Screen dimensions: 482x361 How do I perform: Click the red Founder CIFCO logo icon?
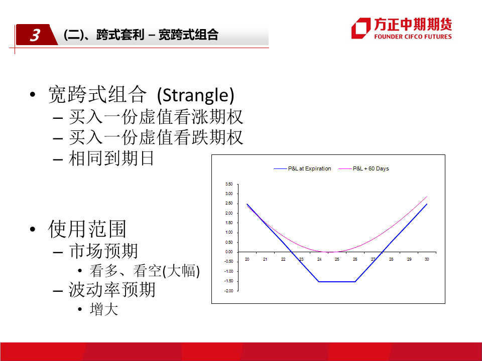[361, 28]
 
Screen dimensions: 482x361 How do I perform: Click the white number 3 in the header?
[35, 35]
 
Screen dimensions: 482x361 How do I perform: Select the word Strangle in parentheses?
[195, 95]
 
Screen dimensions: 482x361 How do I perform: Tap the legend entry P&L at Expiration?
[302, 168]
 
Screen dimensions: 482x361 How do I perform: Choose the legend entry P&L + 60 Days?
[364, 168]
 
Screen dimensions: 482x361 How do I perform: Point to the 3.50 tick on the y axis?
[229, 184]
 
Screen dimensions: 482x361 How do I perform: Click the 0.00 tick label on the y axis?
[229, 252]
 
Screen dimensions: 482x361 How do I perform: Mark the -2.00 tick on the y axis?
[229, 291]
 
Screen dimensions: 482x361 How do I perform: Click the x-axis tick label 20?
[247, 259]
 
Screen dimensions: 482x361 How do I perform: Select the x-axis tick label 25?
[337, 259]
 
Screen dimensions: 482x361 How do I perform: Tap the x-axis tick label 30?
[427, 259]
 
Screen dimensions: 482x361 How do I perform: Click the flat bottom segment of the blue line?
[337, 281]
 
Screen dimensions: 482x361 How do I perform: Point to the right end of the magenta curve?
[427, 196]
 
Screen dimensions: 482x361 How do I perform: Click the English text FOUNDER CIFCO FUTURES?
[413, 37]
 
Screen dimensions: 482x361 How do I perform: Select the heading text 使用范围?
[87, 229]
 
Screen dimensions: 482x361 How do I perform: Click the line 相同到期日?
[111, 158]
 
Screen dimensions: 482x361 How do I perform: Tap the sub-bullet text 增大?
[104, 309]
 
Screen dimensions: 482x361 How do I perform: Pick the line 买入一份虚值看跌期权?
[156, 137]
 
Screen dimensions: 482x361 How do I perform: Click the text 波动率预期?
[112, 289]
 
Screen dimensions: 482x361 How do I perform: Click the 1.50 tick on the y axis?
[229, 223]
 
